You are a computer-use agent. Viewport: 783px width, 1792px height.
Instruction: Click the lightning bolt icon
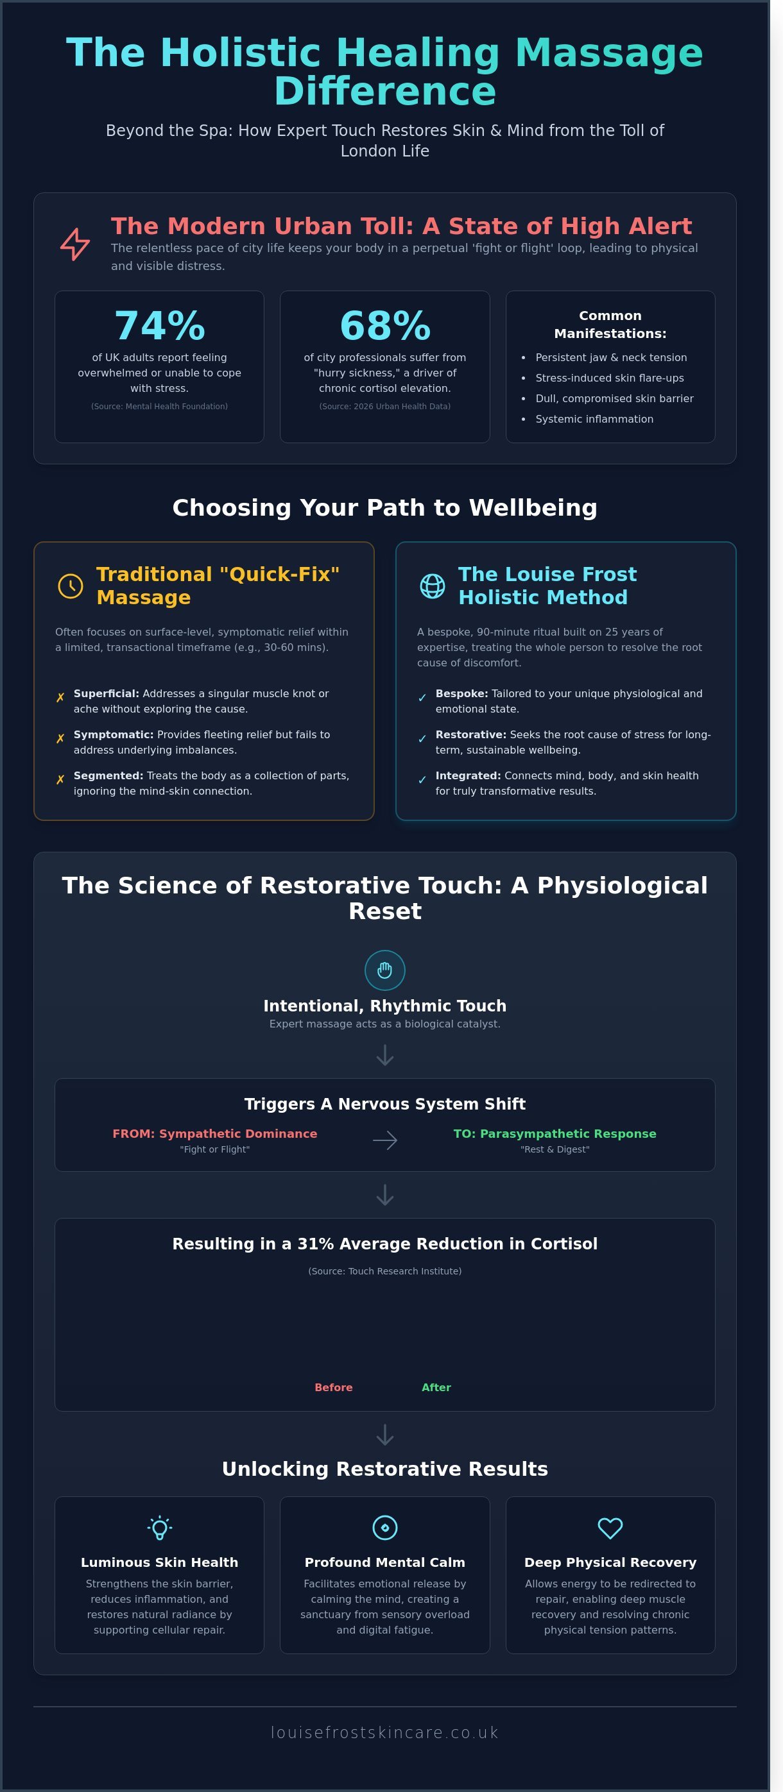pyautogui.click(x=74, y=244)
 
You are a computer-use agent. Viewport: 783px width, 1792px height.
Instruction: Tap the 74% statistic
pyautogui.click(x=159, y=326)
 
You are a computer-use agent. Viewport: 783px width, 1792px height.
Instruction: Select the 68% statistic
pyautogui.click(x=385, y=326)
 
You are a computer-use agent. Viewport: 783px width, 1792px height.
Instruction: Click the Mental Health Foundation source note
pyautogui.click(x=159, y=406)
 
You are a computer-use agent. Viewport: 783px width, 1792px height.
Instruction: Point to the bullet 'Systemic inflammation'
pyautogui.click(x=594, y=419)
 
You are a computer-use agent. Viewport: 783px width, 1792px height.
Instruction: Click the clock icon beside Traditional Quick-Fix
pyautogui.click(x=71, y=586)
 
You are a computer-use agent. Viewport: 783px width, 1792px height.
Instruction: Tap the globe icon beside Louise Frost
pyautogui.click(x=432, y=586)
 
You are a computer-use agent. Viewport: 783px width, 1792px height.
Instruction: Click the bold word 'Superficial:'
pyautogui.click(x=107, y=693)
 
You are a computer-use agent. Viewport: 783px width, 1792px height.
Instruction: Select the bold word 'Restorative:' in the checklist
pyautogui.click(x=470, y=734)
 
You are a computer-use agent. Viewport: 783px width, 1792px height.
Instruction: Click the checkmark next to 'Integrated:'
pyautogui.click(x=422, y=780)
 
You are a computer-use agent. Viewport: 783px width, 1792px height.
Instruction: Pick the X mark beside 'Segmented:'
pyautogui.click(x=60, y=780)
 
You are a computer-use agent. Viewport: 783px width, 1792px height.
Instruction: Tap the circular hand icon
pyautogui.click(x=385, y=970)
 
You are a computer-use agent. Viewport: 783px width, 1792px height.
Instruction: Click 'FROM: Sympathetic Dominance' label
pyautogui.click(x=214, y=1133)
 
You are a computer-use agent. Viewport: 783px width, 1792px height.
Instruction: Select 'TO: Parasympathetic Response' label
pyautogui.click(x=555, y=1133)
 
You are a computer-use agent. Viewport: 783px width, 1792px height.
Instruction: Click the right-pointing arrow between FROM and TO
pyautogui.click(x=385, y=1140)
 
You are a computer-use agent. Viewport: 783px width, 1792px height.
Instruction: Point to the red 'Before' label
pyautogui.click(x=333, y=1387)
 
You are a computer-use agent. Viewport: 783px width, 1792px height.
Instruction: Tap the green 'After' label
pyautogui.click(x=436, y=1387)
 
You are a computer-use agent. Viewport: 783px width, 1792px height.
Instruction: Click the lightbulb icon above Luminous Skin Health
pyautogui.click(x=159, y=1528)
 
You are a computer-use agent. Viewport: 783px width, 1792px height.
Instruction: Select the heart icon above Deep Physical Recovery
pyautogui.click(x=610, y=1528)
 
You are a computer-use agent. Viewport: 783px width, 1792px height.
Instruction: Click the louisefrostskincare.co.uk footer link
pyautogui.click(x=385, y=1732)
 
